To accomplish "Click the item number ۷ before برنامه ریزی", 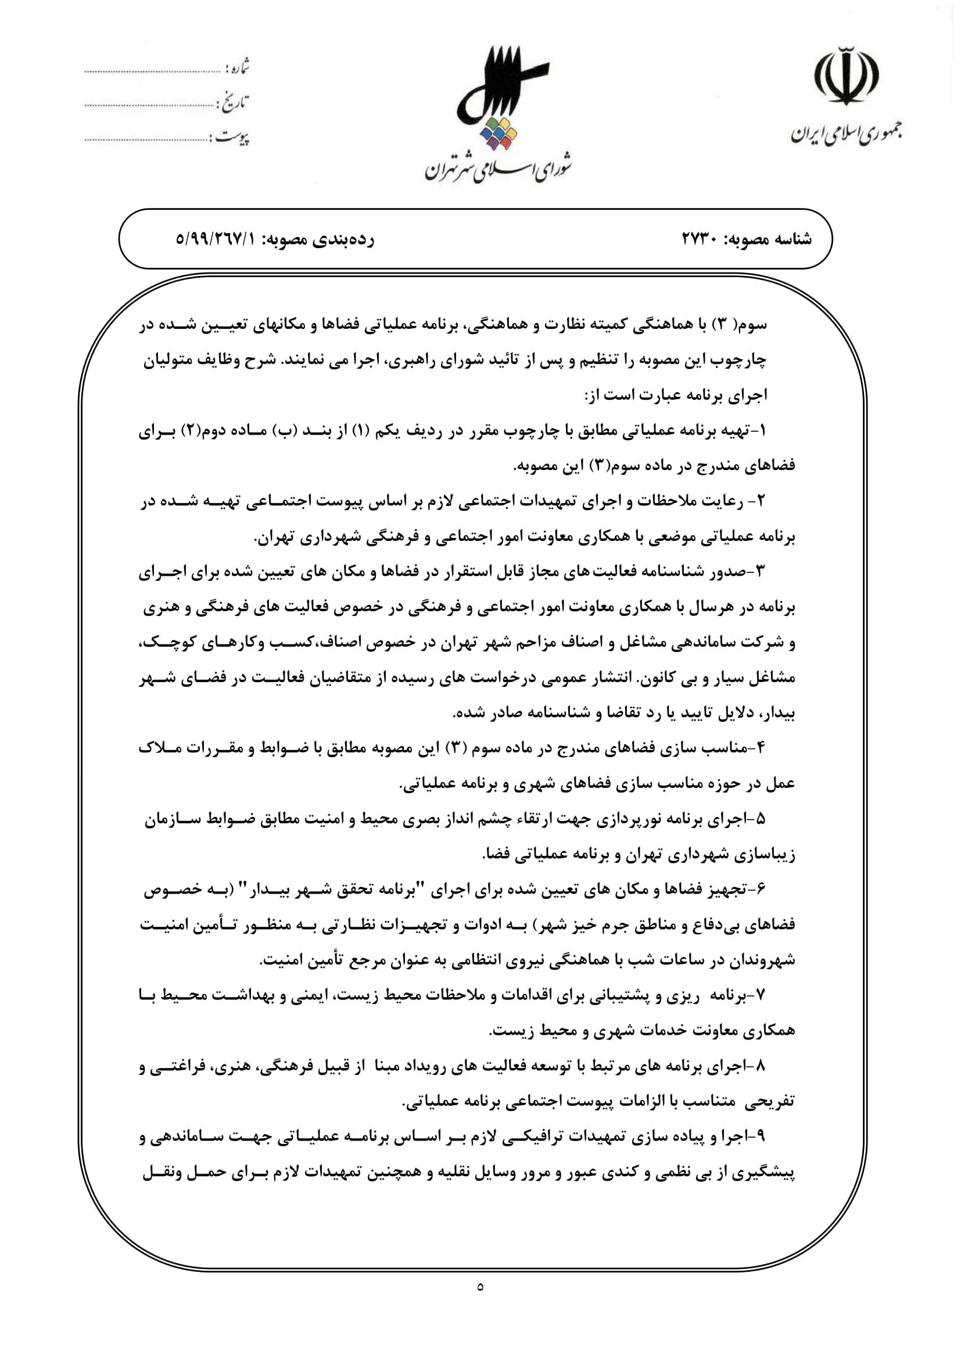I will (762, 996).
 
